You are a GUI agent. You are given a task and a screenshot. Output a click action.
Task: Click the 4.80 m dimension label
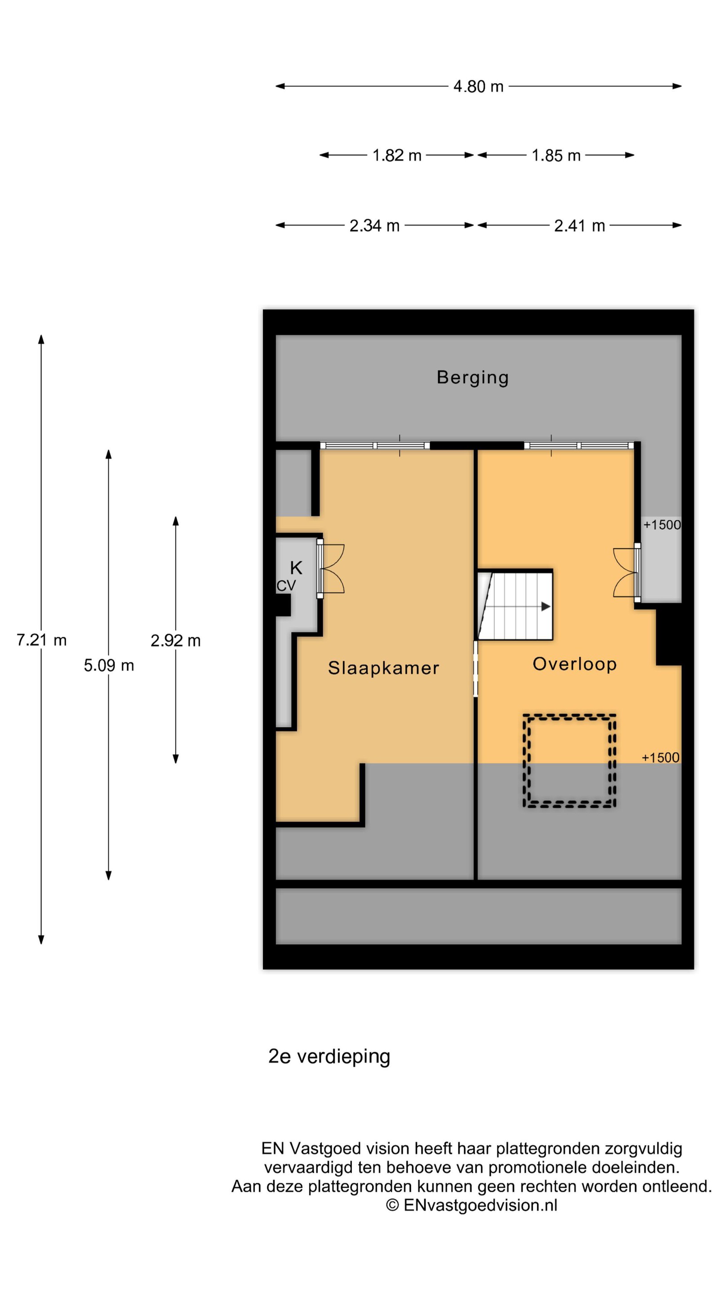click(478, 86)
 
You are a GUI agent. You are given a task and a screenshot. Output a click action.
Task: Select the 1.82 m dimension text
click(396, 155)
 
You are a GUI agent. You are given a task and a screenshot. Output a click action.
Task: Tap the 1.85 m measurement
click(556, 155)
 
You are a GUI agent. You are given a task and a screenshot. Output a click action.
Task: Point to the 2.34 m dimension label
click(374, 226)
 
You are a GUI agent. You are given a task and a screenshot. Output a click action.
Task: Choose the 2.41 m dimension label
click(579, 226)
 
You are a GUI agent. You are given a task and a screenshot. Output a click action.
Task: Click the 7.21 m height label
click(41, 640)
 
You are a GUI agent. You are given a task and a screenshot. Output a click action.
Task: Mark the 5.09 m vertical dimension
click(108, 665)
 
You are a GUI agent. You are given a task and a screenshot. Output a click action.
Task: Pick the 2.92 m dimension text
click(175, 640)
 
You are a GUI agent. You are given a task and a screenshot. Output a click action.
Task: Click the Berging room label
click(472, 378)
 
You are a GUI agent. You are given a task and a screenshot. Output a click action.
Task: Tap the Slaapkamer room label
click(383, 668)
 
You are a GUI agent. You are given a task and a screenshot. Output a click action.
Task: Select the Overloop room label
click(574, 664)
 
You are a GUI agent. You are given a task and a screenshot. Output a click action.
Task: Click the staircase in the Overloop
click(515, 605)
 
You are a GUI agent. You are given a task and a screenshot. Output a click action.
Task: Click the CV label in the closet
click(286, 586)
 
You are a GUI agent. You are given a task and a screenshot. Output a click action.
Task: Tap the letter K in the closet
click(296, 568)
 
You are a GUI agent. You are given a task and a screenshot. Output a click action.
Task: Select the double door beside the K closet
click(331, 569)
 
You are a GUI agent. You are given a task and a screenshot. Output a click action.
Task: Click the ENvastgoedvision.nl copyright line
click(471, 1205)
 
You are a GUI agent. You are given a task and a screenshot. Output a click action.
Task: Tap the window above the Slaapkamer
click(375, 446)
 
